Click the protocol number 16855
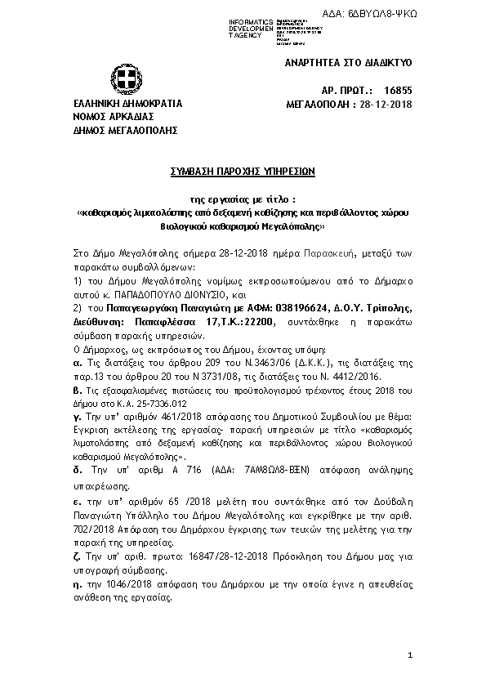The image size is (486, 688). click(x=398, y=92)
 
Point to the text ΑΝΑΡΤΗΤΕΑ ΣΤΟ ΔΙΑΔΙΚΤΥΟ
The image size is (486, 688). click(x=348, y=62)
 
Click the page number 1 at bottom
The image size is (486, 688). click(x=411, y=657)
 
